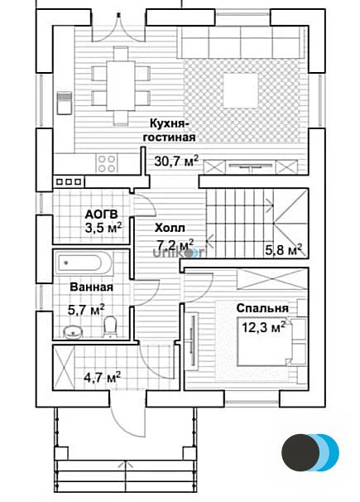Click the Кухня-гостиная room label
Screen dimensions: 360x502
point(169,130)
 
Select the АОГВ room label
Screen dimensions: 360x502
point(101,214)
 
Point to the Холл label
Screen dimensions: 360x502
point(170,229)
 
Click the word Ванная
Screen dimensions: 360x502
point(91,287)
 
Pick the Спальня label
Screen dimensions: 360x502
point(262,308)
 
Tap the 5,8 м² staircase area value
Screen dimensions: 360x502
point(284,249)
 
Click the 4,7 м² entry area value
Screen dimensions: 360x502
point(102,377)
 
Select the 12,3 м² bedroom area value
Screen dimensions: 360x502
point(263,327)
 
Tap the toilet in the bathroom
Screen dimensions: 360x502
point(110,326)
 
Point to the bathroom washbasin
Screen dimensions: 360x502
point(73,332)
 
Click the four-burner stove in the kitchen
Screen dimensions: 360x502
point(107,163)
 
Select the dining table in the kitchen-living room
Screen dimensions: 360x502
point(121,86)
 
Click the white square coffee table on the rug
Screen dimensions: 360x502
point(241,90)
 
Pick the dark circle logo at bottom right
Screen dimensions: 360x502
point(300,452)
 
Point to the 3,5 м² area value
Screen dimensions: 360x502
point(103,228)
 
